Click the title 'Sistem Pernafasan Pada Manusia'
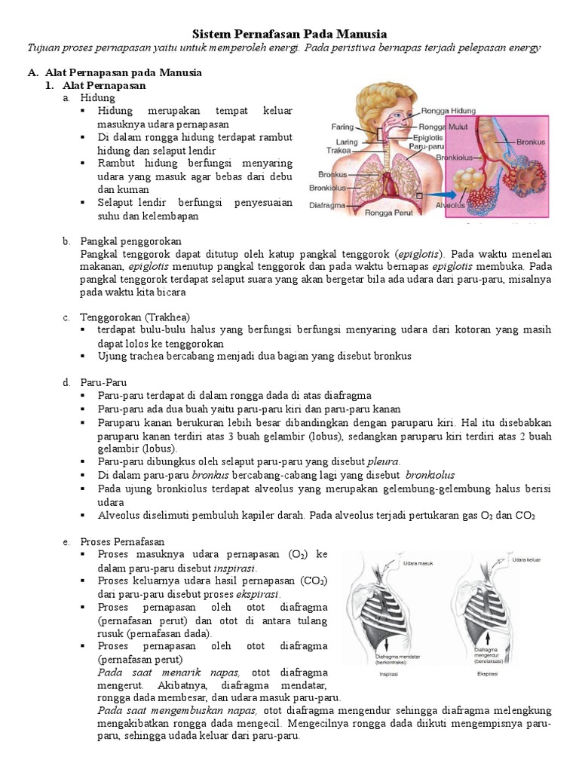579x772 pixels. coord(289,34)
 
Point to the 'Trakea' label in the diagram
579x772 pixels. coord(341,150)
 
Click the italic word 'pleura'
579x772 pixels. coord(384,461)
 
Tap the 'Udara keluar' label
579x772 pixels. coord(528,560)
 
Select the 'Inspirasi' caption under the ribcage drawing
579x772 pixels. coord(391,675)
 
